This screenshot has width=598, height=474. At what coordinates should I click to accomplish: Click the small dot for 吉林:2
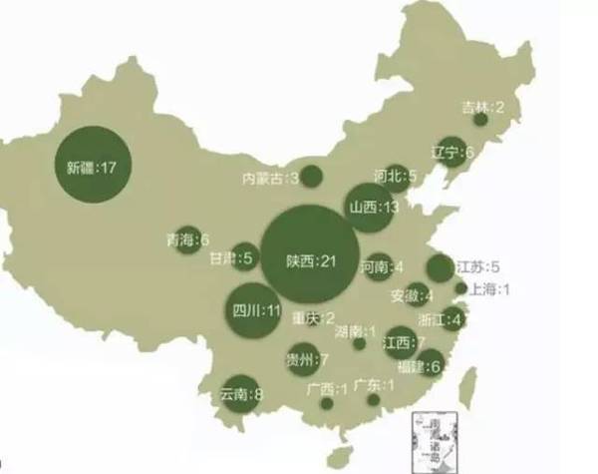point(480,120)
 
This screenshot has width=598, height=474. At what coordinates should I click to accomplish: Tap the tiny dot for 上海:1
point(461,288)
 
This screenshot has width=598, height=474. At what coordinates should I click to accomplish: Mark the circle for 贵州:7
point(302,357)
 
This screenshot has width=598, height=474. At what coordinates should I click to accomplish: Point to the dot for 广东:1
point(373,399)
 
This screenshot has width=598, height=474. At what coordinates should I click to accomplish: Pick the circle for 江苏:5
point(440,267)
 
